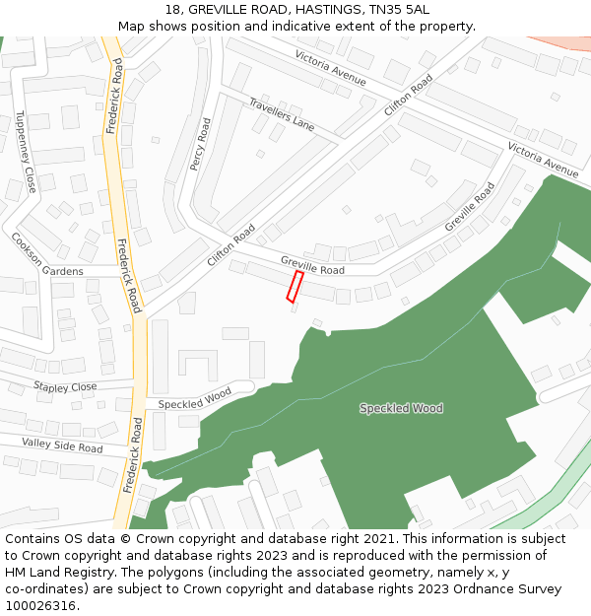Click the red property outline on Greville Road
pos(295,287)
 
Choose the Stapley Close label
pos(65,387)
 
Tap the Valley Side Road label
pos(62,446)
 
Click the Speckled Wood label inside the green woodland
pos(401,408)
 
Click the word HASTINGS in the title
pos(319,9)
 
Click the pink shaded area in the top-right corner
pos(566,43)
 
